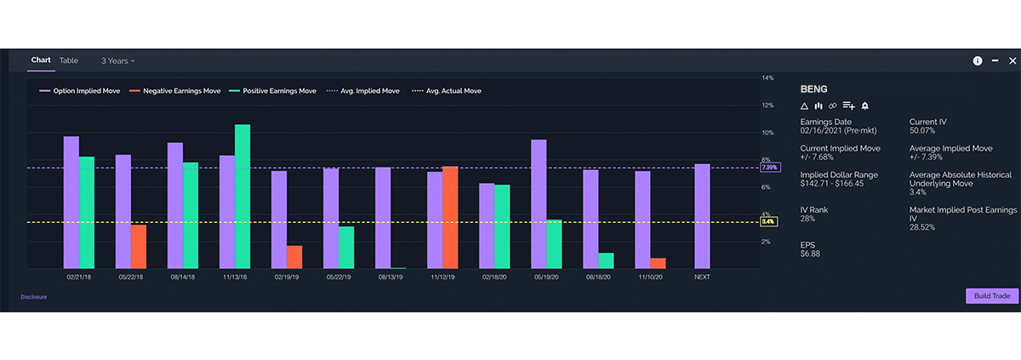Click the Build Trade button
[991, 295]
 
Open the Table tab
[69, 60]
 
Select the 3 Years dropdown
[117, 60]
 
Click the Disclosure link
[34, 297]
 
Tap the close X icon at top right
[1012, 60]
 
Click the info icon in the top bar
[978, 60]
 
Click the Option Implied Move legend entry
[83, 90]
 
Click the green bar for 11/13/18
[242, 196]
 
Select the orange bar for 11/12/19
[450, 217]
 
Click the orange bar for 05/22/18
[139, 246]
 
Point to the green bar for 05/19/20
[554, 243]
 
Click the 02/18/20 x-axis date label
[494, 277]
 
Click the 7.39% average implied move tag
[769, 168]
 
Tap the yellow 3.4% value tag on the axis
[767, 222]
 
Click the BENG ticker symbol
[814, 89]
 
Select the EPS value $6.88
[812, 254]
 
